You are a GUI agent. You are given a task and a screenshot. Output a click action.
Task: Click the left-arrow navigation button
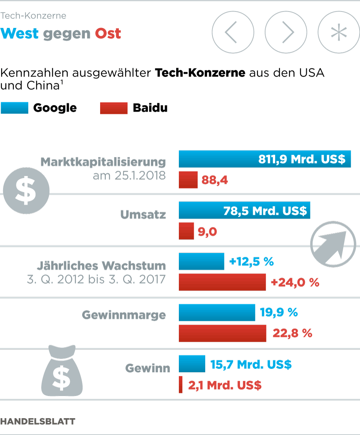(x=233, y=32)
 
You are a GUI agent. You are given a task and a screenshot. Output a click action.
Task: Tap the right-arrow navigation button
(x=286, y=32)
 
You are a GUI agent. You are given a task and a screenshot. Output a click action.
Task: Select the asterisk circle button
(x=339, y=32)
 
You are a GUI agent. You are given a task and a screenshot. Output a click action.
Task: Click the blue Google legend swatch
(x=15, y=108)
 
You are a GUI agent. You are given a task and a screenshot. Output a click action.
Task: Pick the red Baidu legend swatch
(x=114, y=108)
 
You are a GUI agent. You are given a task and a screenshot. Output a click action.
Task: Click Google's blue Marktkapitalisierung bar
(x=265, y=159)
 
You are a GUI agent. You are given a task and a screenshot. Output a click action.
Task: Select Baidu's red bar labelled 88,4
(x=188, y=180)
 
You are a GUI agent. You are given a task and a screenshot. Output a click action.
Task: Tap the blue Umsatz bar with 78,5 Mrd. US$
(x=244, y=211)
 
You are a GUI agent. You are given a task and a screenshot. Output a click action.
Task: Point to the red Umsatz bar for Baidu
(x=186, y=231)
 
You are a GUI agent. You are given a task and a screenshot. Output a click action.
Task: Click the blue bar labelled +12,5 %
(x=201, y=261)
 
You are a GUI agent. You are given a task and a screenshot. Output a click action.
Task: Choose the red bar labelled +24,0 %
(x=222, y=282)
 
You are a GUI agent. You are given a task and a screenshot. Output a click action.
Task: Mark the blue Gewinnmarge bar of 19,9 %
(x=217, y=312)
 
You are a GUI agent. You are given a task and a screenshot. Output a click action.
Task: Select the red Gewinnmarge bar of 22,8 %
(x=222, y=333)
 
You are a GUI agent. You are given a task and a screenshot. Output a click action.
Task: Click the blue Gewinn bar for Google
(x=192, y=364)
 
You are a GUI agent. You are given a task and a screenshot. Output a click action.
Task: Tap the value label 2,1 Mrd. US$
(x=225, y=385)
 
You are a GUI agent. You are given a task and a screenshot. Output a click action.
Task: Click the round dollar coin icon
(x=26, y=190)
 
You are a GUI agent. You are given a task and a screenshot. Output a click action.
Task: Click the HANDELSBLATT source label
(x=38, y=422)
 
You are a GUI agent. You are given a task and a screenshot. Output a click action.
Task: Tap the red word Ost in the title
(x=108, y=34)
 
